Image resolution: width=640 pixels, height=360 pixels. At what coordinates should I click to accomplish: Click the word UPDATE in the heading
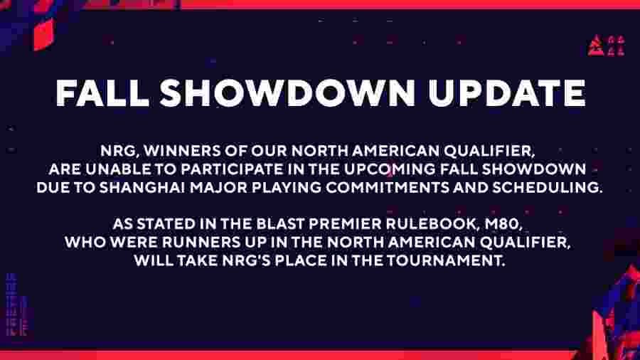coord(506,92)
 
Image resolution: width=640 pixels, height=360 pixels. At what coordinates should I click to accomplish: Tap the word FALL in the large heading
coord(102,92)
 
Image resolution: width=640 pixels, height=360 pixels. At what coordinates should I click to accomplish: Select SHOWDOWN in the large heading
coord(287,92)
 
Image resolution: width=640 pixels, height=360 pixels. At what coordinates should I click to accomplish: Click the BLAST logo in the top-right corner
coord(606,46)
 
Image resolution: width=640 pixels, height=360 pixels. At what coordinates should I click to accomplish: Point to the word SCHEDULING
coord(547,188)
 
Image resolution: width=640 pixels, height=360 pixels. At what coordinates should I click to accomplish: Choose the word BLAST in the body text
coord(280,224)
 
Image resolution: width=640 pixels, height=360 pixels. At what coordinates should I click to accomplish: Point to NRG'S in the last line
coord(247,261)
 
